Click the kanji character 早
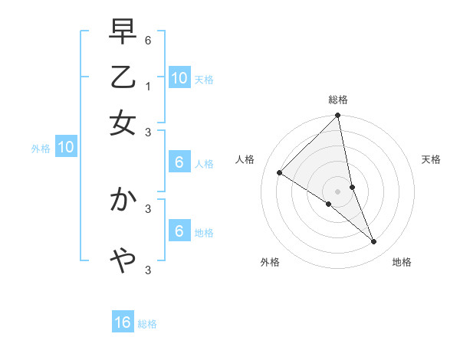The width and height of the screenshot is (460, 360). coord(123,33)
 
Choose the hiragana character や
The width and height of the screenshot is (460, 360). coord(123,261)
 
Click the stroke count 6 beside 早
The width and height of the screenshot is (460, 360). coord(148,38)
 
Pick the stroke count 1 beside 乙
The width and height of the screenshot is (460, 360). coord(148,86)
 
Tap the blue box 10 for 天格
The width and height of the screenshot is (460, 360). coord(179,78)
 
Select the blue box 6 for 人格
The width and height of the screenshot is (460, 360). coord(179,162)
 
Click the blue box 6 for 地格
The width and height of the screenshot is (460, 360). coord(179,231)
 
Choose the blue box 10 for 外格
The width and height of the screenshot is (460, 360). coord(66,148)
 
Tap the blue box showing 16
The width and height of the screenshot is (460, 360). coord(123,322)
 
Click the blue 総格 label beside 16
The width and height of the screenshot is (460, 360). coord(147,324)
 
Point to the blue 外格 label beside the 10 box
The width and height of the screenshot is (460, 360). coord(41,149)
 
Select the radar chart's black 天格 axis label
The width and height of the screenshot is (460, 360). coord(431,159)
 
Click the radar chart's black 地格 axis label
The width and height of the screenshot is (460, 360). coord(402,262)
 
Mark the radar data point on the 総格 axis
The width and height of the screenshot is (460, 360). coord(338,116)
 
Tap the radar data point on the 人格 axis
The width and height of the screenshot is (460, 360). coord(280,172)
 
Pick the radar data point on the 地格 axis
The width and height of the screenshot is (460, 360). coord(374,241)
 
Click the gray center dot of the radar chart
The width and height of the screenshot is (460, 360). coord(338,191)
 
